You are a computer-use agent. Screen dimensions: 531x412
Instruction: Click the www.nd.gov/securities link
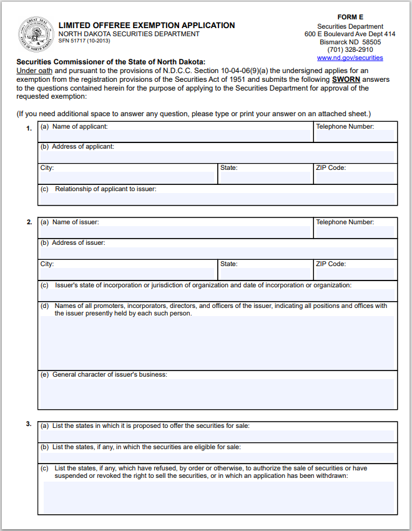pyautogui.click(x=350, y=57)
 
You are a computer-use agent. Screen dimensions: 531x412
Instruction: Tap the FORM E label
pyautogui.click(x=350, y=17)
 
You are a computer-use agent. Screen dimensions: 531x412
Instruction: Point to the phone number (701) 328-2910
pyautogui.click(x=350, y=49)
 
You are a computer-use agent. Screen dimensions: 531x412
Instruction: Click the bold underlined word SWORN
pyautogui.click(x=346, y=80)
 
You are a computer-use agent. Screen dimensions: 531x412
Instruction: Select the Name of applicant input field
pyautogui.click(x=175, y=136)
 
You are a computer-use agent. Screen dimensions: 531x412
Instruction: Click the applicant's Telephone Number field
pyautogui.click(x=355, y=136)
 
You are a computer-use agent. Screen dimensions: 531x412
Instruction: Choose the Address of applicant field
pyautogui.click(x=217, y=157)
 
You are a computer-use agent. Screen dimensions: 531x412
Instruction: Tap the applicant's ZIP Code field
pyautogui.click(x=355, y=177)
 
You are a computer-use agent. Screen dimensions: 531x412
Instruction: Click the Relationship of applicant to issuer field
pyautogui.click(x=217, y=199)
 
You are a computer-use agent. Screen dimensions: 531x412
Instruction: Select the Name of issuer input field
pyautogui.click(x=175, y=231)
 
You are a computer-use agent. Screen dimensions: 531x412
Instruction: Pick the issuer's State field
pyautogui.click(x=265, y=274)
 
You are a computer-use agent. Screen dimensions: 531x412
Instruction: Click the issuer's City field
pyautogui.click(x=128, y=274)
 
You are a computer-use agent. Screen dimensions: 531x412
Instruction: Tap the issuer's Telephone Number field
pyautogui.click(x=355, y=231)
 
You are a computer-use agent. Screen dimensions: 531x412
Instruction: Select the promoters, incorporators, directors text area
pyautogui.click(x=217, y=343)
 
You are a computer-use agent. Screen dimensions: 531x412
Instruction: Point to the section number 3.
pyautogui.click(x=29, y=424)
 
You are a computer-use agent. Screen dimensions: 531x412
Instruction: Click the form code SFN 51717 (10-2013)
pyautogui.click(x=84, y=41)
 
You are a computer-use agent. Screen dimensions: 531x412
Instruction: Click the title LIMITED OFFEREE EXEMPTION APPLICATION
pyautogui.click(x=147, y=26)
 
